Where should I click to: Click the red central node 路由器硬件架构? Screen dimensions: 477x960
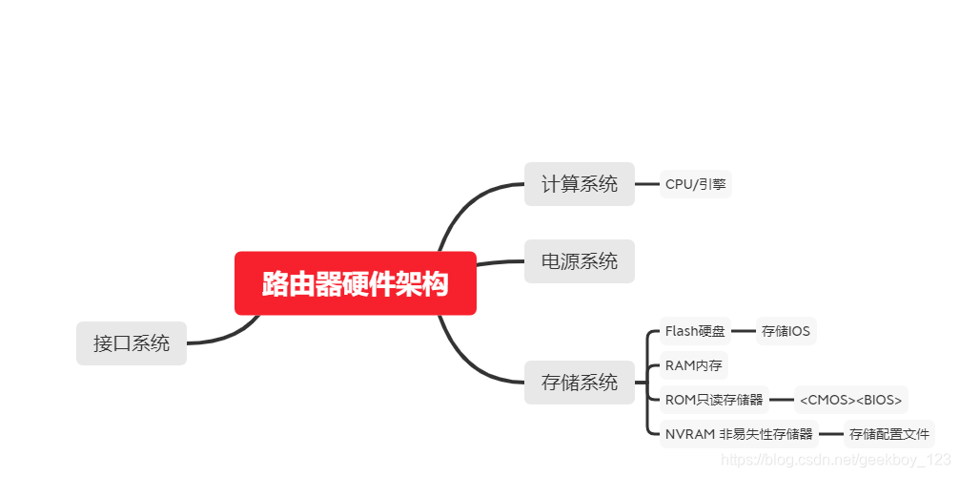355,283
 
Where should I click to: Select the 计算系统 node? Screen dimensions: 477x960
579,184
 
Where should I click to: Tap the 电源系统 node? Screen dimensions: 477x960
579,261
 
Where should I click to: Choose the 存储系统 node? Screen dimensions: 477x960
579,383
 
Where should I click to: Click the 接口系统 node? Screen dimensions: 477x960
132,343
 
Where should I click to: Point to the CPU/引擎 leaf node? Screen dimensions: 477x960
695,184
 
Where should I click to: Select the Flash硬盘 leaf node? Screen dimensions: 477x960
695,331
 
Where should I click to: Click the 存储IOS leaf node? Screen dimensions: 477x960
786,331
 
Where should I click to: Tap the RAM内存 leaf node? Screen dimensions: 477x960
693,365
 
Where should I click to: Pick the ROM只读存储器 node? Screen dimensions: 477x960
714,400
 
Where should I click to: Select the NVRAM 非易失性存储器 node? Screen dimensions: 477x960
739,434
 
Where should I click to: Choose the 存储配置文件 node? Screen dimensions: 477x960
889,434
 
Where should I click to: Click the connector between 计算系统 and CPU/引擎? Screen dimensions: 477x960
647,184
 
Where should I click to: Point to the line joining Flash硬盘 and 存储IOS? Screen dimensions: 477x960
743,331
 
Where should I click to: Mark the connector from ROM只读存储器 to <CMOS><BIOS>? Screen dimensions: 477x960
782,400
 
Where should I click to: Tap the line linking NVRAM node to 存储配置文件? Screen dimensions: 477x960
830,434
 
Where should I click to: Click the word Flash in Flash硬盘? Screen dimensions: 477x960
682,331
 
